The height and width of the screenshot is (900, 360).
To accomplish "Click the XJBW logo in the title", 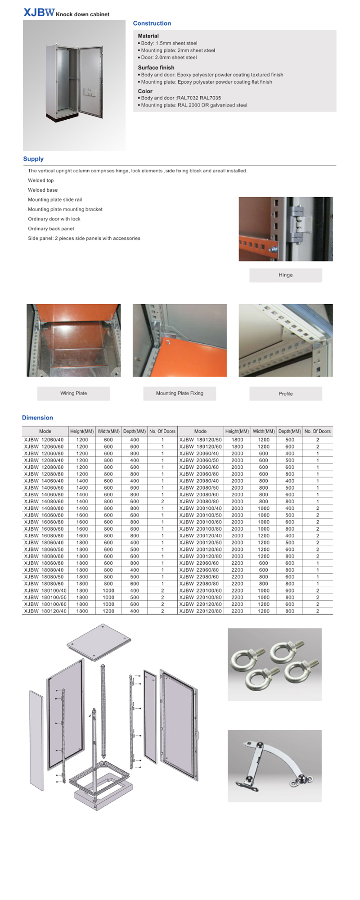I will (x=39, y=13).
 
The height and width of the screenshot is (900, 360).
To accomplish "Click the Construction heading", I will (x=152, y=23).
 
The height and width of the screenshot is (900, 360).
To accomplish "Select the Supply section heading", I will (x=33, y=159).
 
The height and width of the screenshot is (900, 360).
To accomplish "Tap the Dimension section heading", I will (x=37, y=418).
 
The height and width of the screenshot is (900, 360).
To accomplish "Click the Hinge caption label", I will (x=285, y=275).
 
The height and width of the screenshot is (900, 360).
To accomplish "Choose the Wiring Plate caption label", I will (x=73, y=393).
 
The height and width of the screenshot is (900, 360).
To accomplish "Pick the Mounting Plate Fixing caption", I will (x=180, y=393).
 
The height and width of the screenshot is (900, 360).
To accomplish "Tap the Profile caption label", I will (x=285, y=394).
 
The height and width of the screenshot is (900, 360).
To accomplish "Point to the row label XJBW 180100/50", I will (x=45, y=597).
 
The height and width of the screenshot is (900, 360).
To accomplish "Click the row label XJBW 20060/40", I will (x=199, y=454).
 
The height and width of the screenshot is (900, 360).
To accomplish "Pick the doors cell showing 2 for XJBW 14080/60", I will (x=162, y=501).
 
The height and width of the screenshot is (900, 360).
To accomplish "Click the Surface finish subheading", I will (x=156, y=67).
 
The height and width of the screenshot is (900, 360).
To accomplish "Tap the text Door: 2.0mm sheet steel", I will (x=168, y=58).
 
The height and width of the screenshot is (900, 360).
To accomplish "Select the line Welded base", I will (x=43, y=190).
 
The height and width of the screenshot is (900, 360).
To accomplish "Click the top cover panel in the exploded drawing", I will (x=99, y=641).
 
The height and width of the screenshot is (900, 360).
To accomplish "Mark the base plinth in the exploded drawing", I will (x=103, y=796).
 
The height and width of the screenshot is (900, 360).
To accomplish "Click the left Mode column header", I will (x=45, y=431).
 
